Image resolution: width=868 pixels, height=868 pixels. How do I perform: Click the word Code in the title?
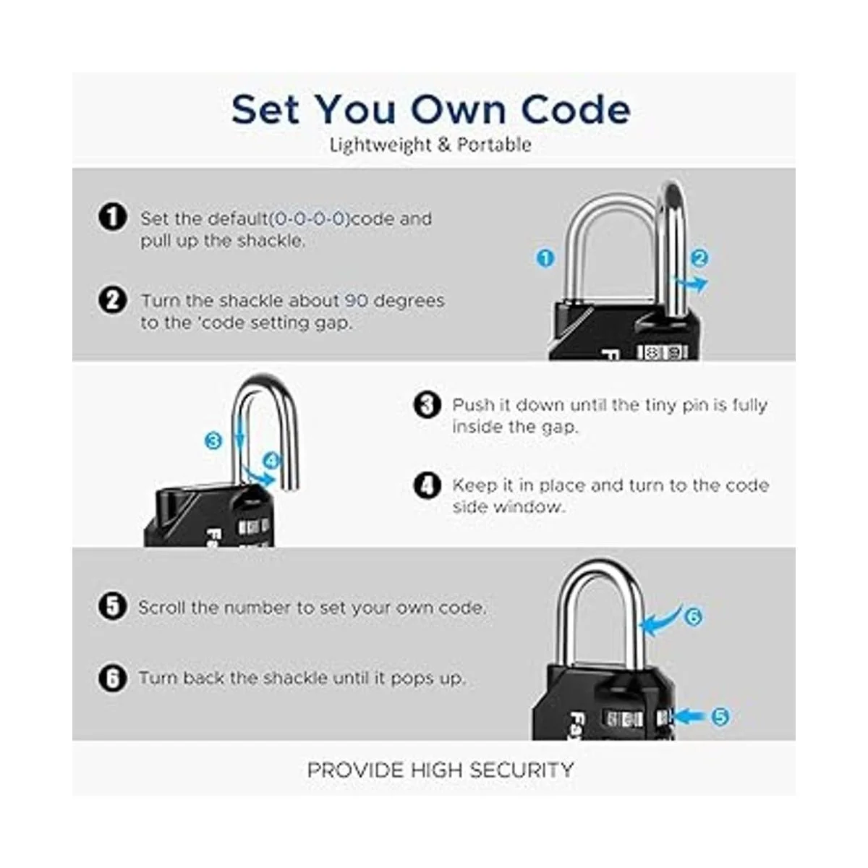point(576,109)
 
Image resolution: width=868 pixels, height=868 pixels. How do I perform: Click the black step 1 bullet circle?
point(113,217)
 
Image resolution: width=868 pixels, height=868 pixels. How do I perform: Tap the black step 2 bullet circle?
point(113,300)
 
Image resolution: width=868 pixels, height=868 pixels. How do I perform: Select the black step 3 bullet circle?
point(427,404)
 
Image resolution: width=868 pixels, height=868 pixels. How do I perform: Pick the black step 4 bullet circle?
point(427,485)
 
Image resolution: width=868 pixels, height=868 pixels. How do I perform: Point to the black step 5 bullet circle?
point(113,606)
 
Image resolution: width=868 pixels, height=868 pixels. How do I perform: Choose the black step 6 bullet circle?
point(113,678)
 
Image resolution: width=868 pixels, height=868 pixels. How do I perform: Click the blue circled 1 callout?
point(545,258)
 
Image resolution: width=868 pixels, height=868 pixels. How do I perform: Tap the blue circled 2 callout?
point(699,258)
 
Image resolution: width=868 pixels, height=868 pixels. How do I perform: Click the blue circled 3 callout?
point(213,440)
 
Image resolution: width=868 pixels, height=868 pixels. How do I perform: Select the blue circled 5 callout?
point(720,716)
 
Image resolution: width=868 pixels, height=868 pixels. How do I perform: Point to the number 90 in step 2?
point(357,300)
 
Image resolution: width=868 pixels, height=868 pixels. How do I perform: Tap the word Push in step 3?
point(473,405)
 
